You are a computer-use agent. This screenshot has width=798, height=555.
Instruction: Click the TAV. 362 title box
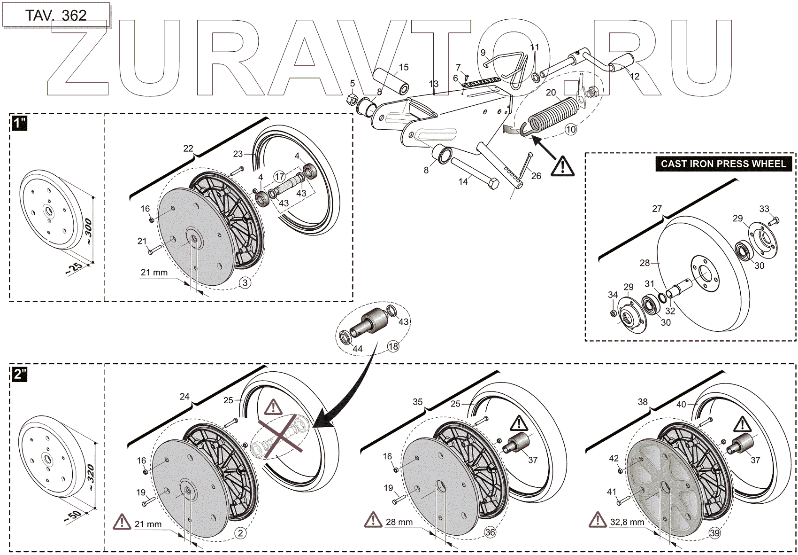pyautogui.click(x=56, y=16)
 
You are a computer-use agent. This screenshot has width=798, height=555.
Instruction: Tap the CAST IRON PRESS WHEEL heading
pyautogui.click(x=723, y=164)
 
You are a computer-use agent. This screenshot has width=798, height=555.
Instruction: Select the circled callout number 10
pyautogui.click(x=570, y=130)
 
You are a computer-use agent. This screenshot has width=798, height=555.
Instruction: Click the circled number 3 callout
pyautogui.click(x=245, y=282)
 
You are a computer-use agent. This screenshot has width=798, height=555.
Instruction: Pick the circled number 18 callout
pyautogui.click(x=393, y=346)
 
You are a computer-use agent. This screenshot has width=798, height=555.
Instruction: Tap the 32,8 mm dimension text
pyautogui.click(x=627, y=522)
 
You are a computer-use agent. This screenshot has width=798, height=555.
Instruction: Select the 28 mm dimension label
pyautogui.click(x=399, y=522)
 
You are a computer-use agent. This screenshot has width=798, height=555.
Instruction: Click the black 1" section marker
pyautogui.click(x=19, y=124)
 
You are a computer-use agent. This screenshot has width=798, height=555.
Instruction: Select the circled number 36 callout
pyautogui.click(x=490, y=532)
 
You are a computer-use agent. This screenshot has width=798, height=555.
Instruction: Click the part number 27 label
pyautogui.click(x=657, y=209)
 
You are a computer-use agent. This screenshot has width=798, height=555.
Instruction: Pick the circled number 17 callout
pyautogui.click(x=280, y=177)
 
